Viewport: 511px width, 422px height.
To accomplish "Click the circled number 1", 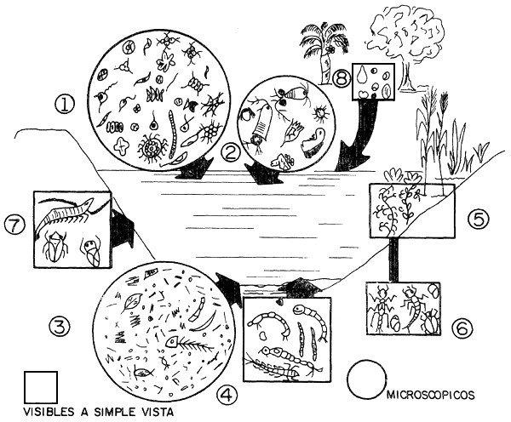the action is click(x=65, y=105).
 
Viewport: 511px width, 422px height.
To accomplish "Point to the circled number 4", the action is click(x=227, y=395).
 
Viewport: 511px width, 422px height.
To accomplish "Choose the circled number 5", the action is click(x=479, y=219).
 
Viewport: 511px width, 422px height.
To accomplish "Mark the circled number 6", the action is click(x=462, y=329).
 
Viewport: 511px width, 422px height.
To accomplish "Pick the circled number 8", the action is click(x=341, y=79).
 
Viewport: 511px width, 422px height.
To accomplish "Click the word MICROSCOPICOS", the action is click(x=430, y=395).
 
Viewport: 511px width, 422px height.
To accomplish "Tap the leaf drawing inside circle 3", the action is click(x=133, y=301).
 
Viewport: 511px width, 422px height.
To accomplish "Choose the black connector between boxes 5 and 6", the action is click(x=394, y=259).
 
